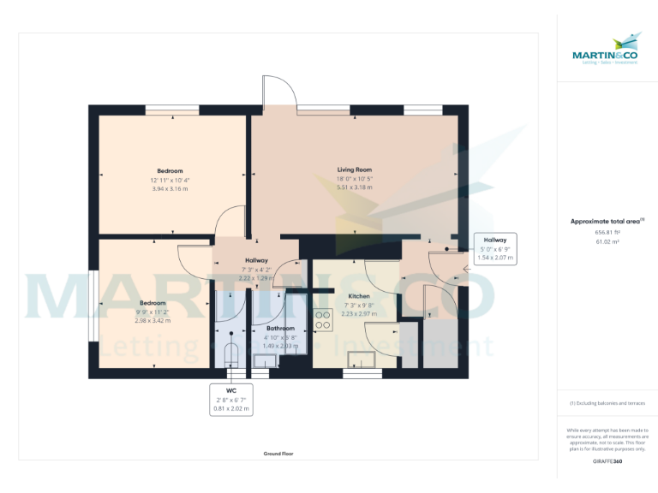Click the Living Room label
click(x=354, y=170)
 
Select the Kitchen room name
click(x=358, y=296)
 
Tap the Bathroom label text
click(x=280, y=328)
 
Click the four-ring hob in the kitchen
click(x=324, y=320)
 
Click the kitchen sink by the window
click(x=360, y=359)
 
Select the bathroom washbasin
click(x=266, y=361)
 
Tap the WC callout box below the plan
click(x=231, y=399)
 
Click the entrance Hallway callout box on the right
click(x=495, y=248)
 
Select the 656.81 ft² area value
click(x=607, y=232)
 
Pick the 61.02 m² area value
click(x=607, y=241)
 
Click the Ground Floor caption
click(x=278, y=453)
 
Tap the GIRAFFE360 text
click(x=607, y=461)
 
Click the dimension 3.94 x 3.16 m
click(x=169, y=188)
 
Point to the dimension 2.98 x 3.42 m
click(x=153, y=320)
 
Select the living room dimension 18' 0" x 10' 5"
click(x=354, y=179)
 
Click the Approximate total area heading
click(x=606, y=221)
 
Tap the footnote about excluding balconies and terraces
click(x=607, y=403)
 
